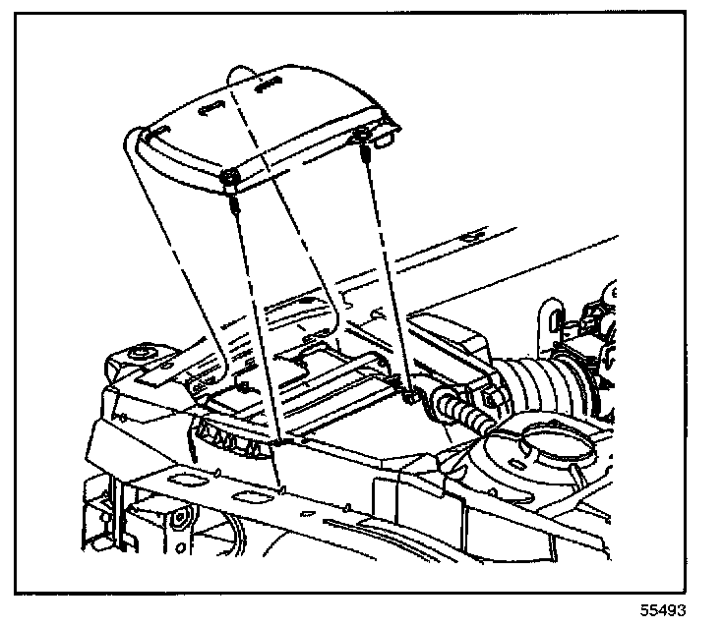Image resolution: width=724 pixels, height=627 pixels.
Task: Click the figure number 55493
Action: coord(664,609)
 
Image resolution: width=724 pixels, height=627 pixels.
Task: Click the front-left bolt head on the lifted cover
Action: coord(228,177)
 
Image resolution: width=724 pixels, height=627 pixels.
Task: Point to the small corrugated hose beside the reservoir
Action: coord(462,410)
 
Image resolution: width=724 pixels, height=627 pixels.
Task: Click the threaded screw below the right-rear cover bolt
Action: coord(367,156)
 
